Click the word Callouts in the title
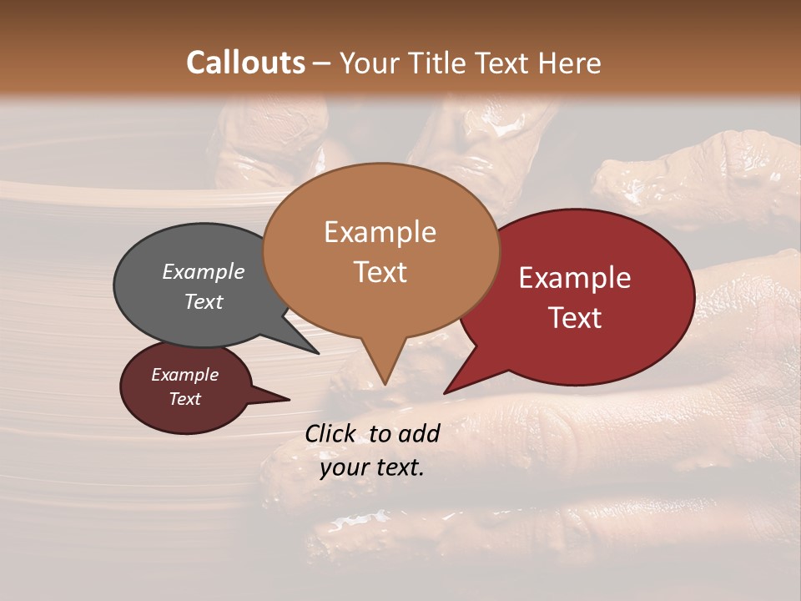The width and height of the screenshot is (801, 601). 245,63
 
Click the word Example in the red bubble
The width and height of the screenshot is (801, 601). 575,278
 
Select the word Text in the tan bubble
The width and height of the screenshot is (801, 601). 380,272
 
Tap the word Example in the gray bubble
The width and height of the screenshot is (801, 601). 203,272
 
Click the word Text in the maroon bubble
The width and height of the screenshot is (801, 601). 184,399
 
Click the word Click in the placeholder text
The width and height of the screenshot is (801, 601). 331,433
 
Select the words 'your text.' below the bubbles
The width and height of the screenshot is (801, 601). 372,467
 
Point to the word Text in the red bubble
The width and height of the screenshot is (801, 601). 576,318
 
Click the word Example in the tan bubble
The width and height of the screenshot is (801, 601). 380,232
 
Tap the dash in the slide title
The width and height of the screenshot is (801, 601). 322,63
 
